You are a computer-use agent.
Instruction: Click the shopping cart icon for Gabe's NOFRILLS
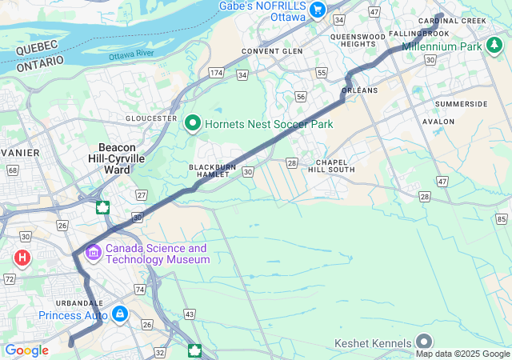pyautogui.click(x=318, y=10)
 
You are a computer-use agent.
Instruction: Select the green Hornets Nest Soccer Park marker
pyautogui.click(x=192, y=124)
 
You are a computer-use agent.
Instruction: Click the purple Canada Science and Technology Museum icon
pyautogui.click(x=94, y=254)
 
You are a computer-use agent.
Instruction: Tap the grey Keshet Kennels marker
pyautogui.click(x=424, y=342)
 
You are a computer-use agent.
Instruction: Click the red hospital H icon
pyautogui.click(x=22, y=258)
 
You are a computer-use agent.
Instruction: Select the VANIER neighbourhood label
pyautogui.click(x=18, y=151)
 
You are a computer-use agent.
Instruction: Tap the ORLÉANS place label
pyautogui.click(x=359, y=90)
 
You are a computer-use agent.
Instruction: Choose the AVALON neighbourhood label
pyautogui.click(x=460, y=122)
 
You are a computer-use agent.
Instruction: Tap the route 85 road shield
pyautogui.click(x=502, y=219)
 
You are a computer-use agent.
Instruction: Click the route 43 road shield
pyautogui.click(x=190, y=314)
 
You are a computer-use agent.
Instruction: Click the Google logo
pyautogui.click(x=26, y=350)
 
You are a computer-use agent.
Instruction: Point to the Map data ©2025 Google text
pyautogui.click(x=462, y=354)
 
